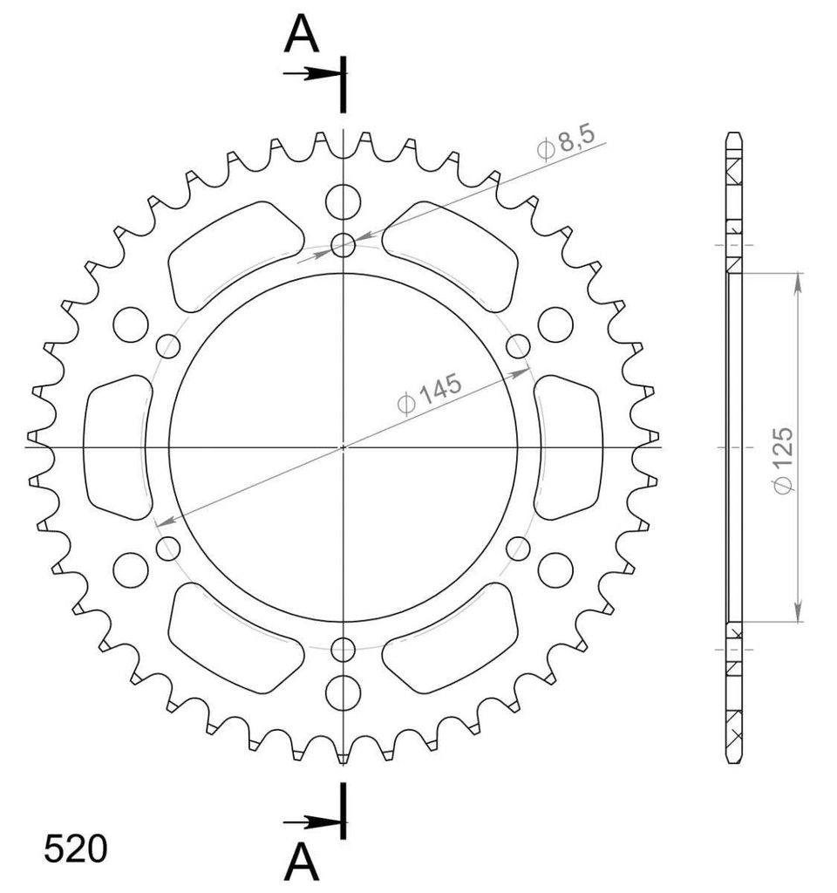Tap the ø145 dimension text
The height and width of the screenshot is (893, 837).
click(430, 394)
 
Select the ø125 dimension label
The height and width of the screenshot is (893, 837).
click(783, 460)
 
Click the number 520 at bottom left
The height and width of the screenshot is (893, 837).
click(75, 849)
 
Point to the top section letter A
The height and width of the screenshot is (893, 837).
click(301, 34)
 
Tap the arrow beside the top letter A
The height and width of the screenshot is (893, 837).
click(313, 73)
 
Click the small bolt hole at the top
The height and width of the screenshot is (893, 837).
click(343, 245)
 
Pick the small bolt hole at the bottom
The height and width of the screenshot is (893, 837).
click(343, 649)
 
